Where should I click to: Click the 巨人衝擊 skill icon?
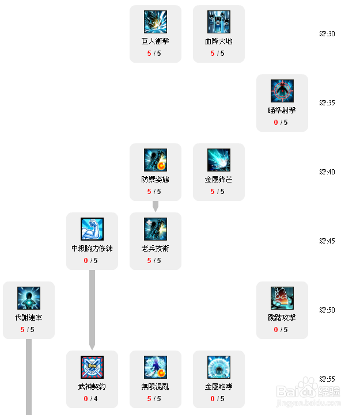point(156,22)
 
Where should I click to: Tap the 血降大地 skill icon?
point(219,22)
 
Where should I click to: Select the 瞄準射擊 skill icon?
point(282,91)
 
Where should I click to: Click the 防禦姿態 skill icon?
point(156,160)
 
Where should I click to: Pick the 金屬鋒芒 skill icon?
point(219,160)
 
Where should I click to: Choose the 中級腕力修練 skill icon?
point(92,229)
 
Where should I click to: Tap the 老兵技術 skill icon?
point(156,229)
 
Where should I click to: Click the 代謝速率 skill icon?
point(29,298)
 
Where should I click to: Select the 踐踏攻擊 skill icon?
point(282,298)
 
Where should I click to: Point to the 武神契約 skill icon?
point(92,367)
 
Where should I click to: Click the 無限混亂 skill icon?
point(156,367)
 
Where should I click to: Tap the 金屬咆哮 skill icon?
point(219,367)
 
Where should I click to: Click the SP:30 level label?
point(327,34)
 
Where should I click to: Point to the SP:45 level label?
point(327,241)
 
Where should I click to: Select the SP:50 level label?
point(327,310)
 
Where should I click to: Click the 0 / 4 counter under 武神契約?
point(92,398)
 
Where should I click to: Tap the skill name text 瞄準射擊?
point(282,111)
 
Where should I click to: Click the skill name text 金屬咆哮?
point(219,387)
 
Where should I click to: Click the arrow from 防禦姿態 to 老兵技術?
point(156,206)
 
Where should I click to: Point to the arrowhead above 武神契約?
point(92,346)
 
